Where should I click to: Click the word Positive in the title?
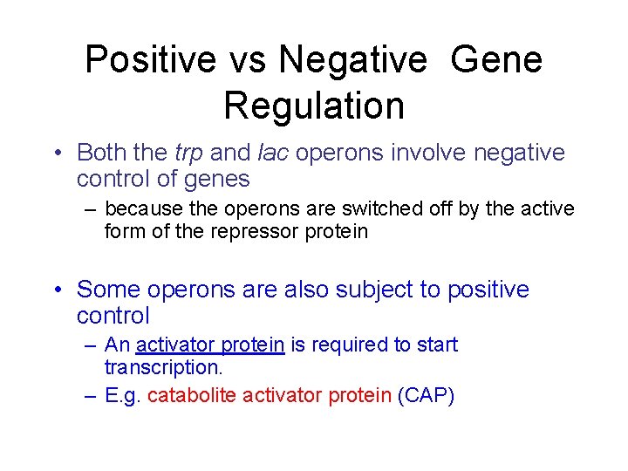[x=150, y=60]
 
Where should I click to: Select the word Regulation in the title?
[x=314, y=106]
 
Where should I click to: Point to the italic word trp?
[x=188, y=153]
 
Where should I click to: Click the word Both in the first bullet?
[x=103, y=153]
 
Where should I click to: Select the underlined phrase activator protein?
[x=210, y=345]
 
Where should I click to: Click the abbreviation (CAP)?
[x=426, y=396]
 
